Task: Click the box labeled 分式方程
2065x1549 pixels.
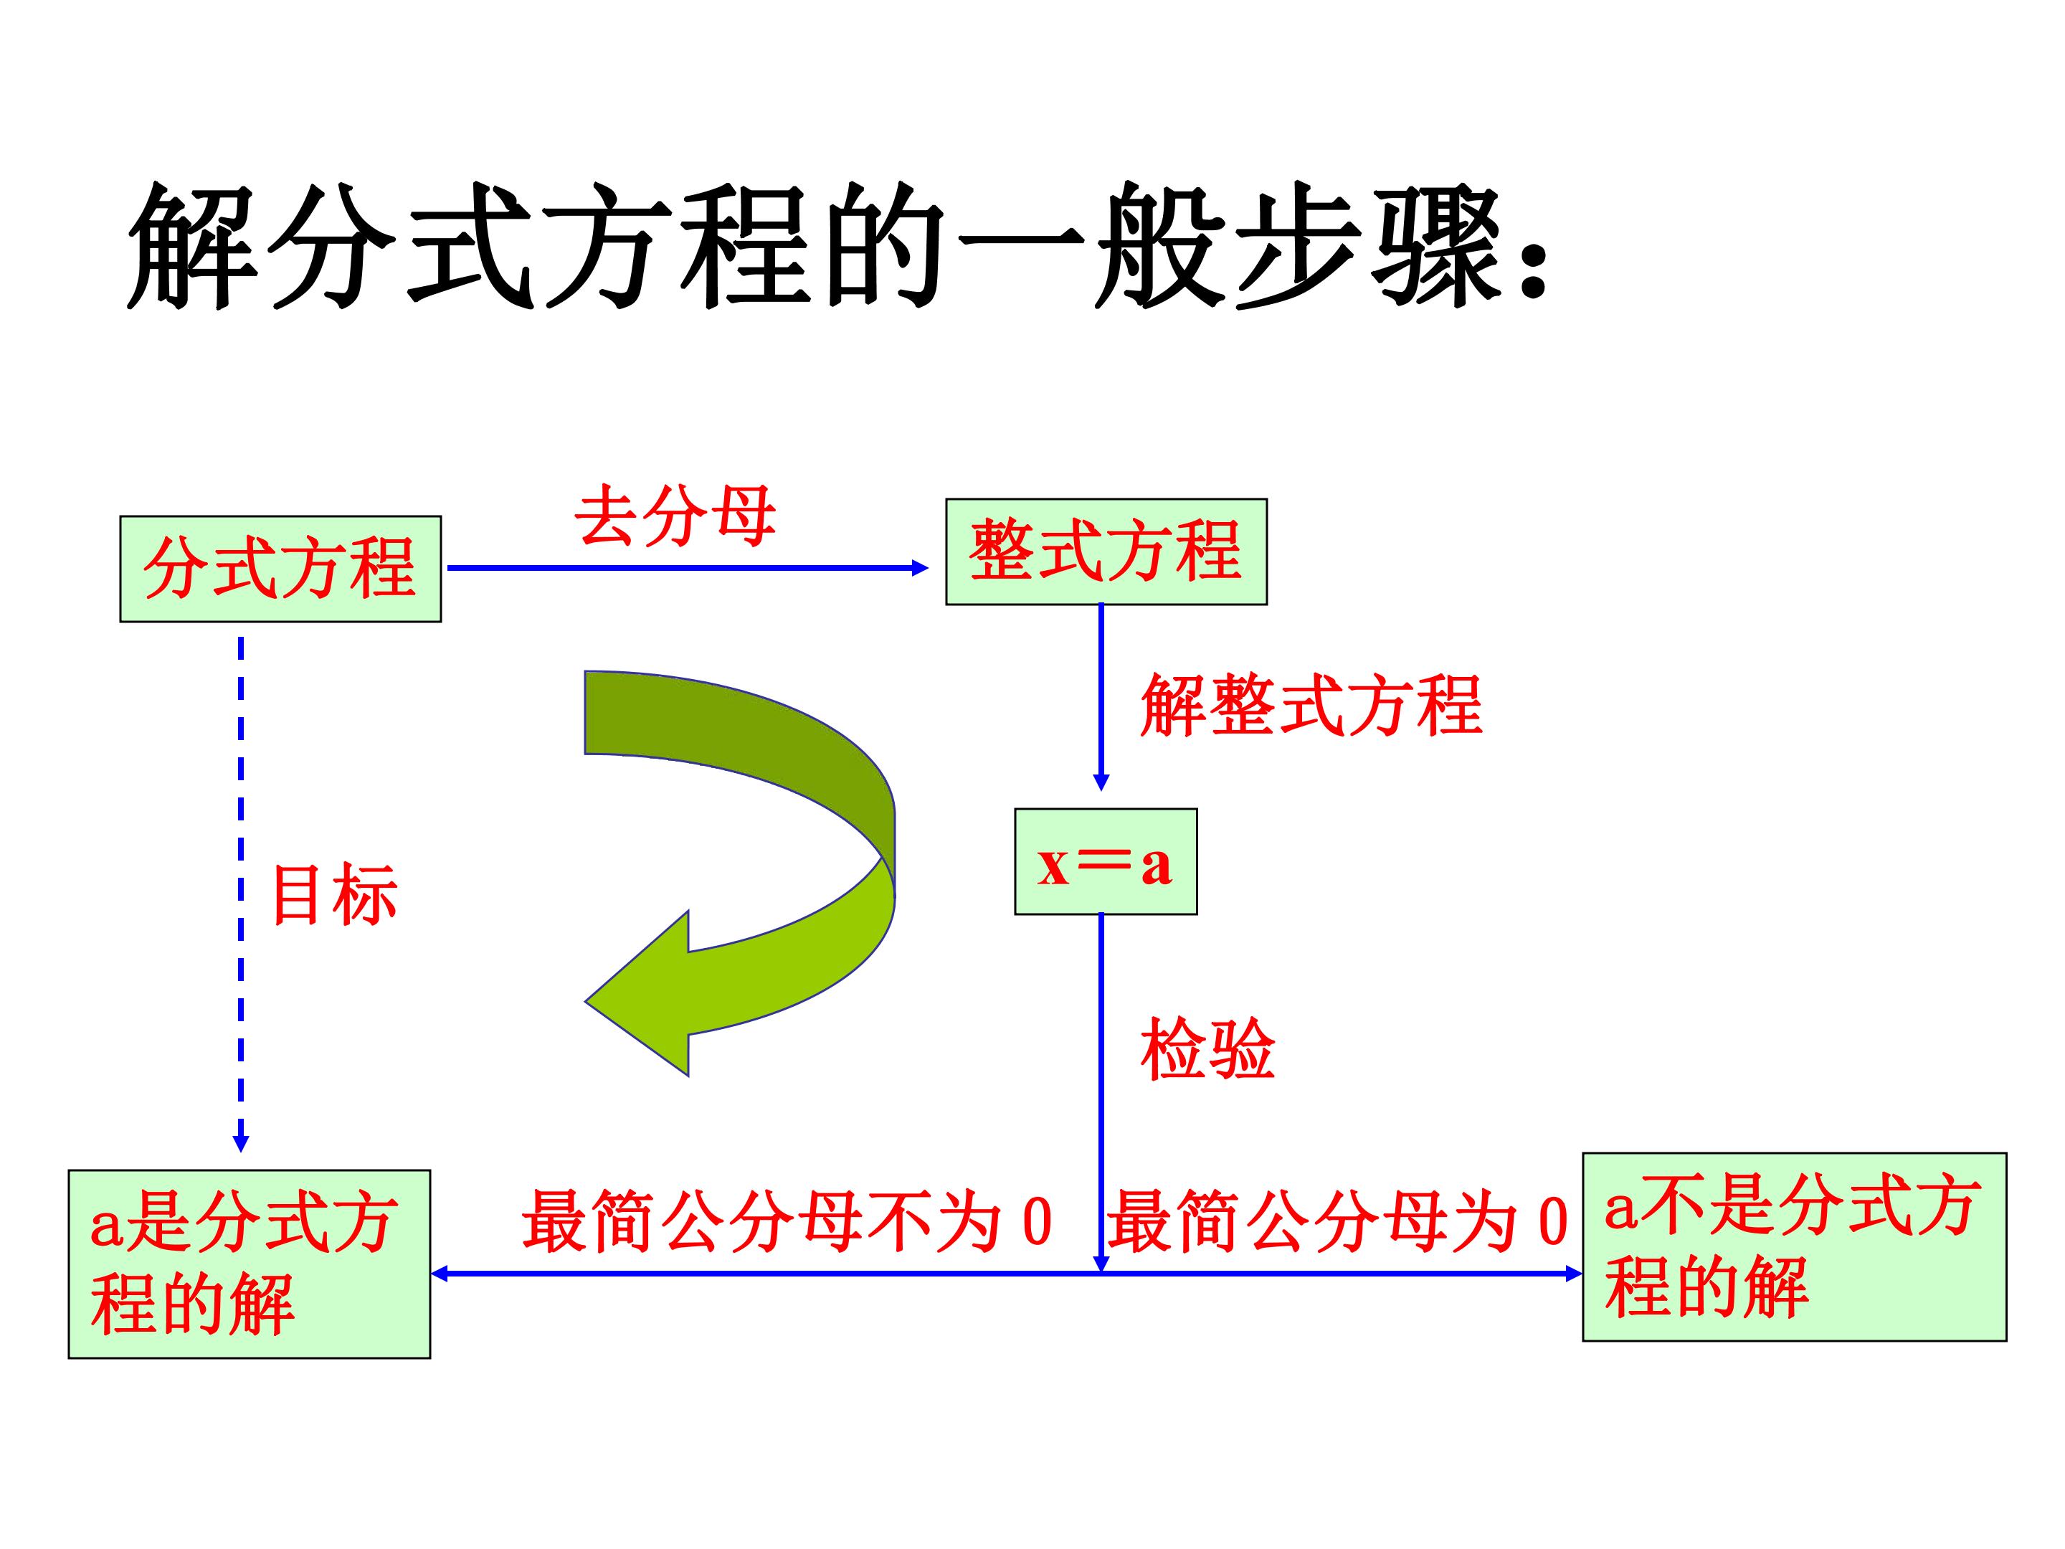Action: pos(280,569)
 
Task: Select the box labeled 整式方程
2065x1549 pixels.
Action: pos(1106,551)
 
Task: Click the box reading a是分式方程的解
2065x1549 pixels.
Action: pos(250,1264)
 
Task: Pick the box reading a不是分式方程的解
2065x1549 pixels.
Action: pos(1794,1247)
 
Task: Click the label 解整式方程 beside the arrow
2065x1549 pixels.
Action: pos(1311,705)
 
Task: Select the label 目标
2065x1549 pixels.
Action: pos(334,894)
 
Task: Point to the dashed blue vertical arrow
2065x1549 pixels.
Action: pos(241,894)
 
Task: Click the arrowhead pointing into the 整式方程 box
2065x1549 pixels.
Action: pos(919,568)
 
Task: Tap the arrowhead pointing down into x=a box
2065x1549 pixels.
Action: pos(1101,782)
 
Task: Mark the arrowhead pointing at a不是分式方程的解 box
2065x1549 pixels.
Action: pos(1574,1274)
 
